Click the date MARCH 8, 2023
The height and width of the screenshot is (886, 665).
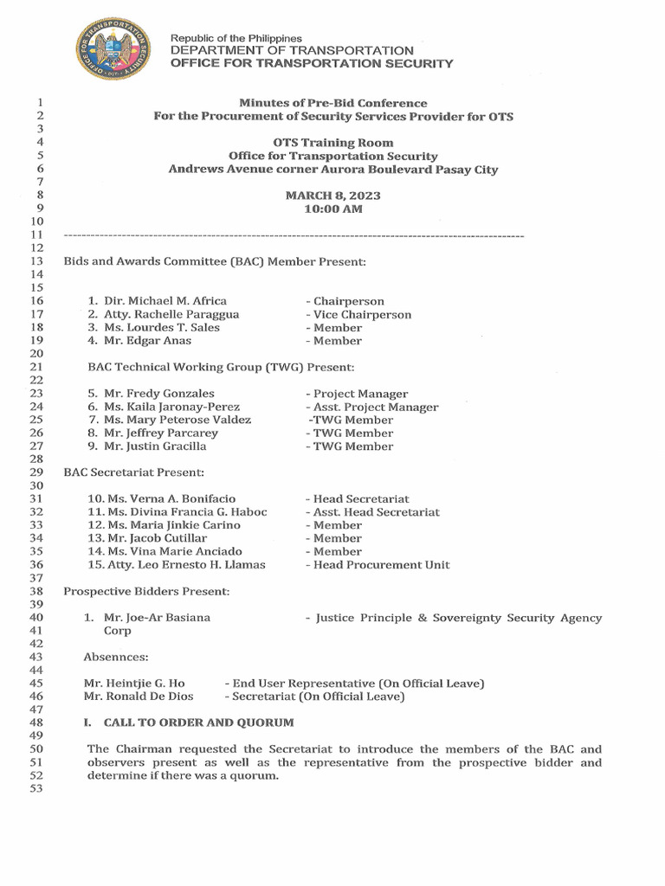coord(332,196)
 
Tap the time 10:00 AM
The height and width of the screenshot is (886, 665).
coord(332,209)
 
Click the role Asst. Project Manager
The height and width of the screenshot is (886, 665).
coord(371,407)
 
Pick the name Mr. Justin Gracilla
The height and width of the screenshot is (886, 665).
coord(154,446)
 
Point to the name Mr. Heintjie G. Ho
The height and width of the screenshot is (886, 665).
coord(134,684)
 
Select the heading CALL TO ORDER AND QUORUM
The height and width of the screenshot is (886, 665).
coord(198,722)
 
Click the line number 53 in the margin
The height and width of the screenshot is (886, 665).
coord(36,789)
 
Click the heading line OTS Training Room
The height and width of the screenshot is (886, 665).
coord(332,143)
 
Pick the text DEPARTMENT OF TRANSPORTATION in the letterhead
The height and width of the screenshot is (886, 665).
coord(292,51)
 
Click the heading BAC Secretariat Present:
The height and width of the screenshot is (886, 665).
coord(133,472)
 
